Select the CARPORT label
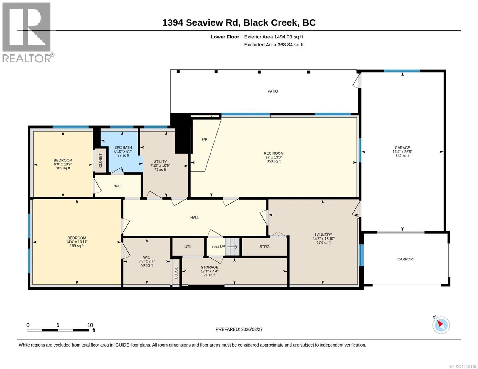coord(406,259)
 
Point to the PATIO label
coord(273,91)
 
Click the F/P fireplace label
coord(204,139)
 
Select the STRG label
coord(264,247)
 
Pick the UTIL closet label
coord(188,247)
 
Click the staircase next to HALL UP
coord(232,247)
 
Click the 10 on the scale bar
coord(90,325)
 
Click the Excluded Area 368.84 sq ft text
coord(274,45)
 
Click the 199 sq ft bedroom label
coord(77,246)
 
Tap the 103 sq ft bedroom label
coord(63,168)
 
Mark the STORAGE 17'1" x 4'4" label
coord(209,269)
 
